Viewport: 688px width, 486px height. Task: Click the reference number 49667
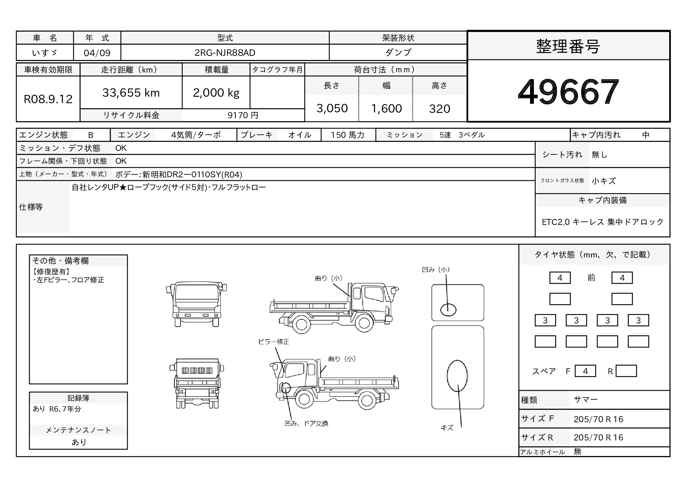click(x=568, y=92)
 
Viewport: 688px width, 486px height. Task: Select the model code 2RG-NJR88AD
click(x=225, y=53)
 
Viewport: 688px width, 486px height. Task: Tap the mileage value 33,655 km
click(x=131, y=93)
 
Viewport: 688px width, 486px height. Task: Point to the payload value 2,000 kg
click(x=216, y=93)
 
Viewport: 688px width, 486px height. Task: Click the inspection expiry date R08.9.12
click(x=48, y=99)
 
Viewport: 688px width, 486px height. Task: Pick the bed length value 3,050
click(x=332, y=108)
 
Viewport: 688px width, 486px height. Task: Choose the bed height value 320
click(x=439, y=109)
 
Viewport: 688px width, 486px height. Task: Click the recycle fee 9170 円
click(x=243, y=115)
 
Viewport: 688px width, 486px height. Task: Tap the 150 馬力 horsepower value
click(x=347, y=135)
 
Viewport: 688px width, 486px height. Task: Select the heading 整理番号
click(x=568, y=46)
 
